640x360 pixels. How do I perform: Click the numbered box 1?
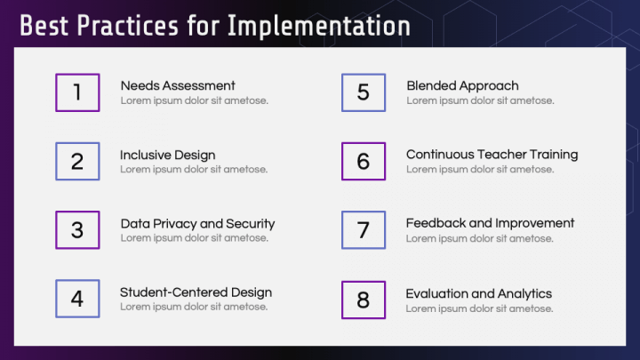tap(77, 92)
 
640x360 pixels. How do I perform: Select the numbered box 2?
tap(77, 161)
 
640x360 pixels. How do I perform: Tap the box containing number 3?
tap(77, 230)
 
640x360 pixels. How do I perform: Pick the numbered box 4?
tap(77, 299)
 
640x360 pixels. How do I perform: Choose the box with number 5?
tap(364, 92)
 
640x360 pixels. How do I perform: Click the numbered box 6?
tap(364, 161)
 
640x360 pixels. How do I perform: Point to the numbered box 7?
tap(364, 230)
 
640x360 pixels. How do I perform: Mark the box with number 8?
tap(364, 300)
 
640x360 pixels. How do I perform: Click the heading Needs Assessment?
tap(178, 85)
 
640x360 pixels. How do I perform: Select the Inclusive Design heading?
tap(168, 155)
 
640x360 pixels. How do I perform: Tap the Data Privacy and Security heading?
tap(197, 224)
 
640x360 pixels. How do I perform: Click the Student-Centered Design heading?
tap(196, 292)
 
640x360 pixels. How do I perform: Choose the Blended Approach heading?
tap(462, 85)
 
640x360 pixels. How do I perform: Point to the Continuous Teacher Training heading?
tap(492, 155)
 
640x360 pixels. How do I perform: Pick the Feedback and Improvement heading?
tap(490, 223)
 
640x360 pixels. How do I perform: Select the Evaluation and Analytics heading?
tap(478, 293)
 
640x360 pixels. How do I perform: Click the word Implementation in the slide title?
tap(319, 26)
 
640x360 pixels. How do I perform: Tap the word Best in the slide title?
tap(44, 26)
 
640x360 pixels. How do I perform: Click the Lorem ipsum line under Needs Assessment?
tap(194, 100)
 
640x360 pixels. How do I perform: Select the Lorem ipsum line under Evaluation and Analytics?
tap(479, 308)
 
